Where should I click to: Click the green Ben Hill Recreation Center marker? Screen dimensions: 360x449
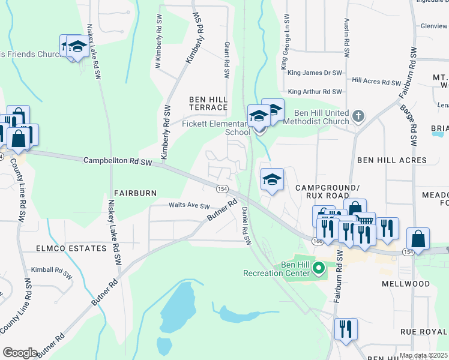pos(319,268)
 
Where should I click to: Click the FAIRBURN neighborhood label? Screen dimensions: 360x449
pos(135,193)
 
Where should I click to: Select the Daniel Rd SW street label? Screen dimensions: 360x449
pos(245,226)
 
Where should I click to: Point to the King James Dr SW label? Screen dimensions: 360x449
pos(315,73)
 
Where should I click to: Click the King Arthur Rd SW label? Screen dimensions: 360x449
pos(315,92)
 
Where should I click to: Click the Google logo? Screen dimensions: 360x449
pos(20,353)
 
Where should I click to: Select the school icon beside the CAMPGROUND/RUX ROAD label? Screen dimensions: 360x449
pos(272,179)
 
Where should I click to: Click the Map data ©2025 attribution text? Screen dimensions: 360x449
pos(423,356)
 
